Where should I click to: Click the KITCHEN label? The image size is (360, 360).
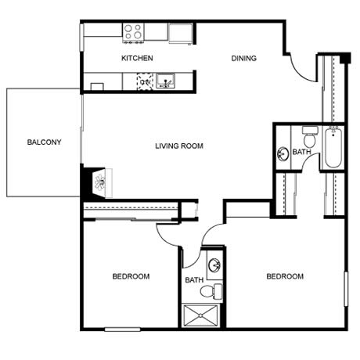(137, 58)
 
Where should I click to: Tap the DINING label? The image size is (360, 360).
(244, 58)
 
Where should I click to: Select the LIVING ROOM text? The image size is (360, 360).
(179, 146)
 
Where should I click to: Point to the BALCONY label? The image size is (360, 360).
(44, 142)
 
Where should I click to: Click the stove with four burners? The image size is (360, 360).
(133, 33)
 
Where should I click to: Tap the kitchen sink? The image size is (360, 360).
(165, 81)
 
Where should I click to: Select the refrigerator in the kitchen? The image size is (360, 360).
(181, 34)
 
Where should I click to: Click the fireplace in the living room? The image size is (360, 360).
(100, 182)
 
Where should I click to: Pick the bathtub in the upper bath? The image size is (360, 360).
(333, 147)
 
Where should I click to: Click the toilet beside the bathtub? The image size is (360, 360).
(310, 136)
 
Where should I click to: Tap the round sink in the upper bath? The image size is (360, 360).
(283, 153)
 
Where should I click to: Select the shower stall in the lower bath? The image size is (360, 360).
(200, 315)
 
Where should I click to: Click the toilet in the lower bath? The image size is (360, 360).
(211, 291)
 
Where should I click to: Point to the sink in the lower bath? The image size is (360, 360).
(214, 265)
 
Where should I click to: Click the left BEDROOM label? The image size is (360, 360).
(131, 276)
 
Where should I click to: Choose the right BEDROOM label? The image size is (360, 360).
(285, 276)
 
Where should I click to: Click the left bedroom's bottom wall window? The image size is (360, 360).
(122, 329)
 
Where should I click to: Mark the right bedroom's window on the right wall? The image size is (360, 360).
(346, 289)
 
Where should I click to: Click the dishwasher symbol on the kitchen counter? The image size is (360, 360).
(145, 81)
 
